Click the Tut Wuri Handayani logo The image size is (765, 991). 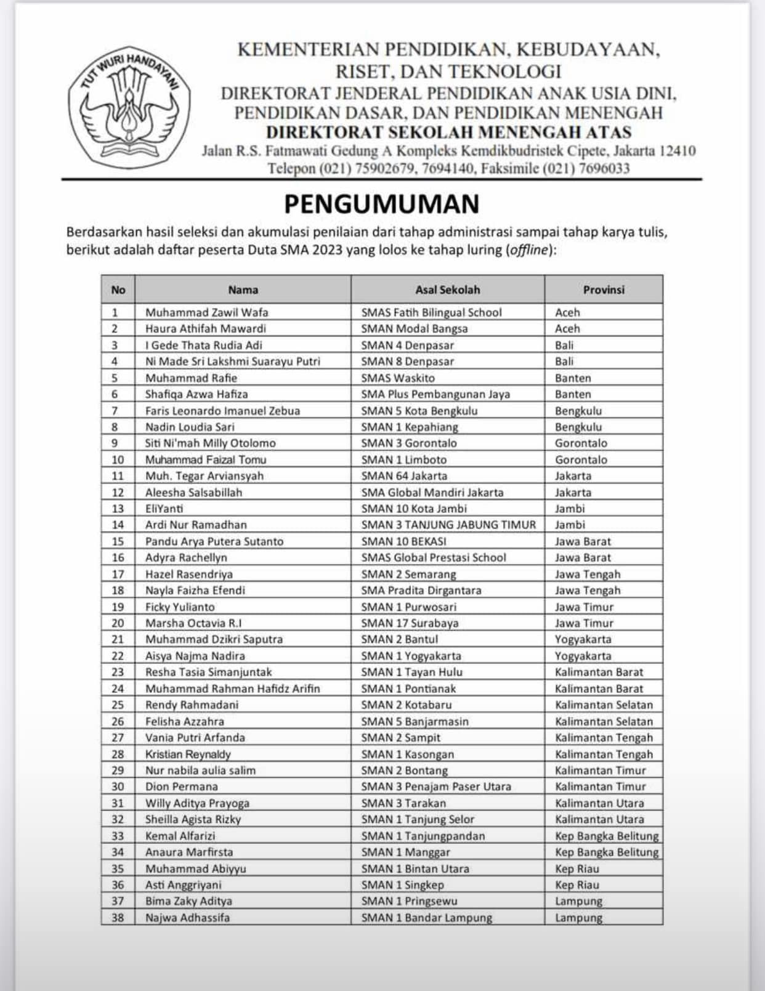pyautogui.click(x=129, y=107)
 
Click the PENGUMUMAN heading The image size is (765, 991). pyautogui.click(x=381, y=204)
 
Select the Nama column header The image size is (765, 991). pyautogui.click(x=243, y=289)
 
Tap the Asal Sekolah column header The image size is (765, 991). pyautogui.click(x=447, y=289)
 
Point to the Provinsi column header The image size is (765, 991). pyautogui.click(x=604, y=289)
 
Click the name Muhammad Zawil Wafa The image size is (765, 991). pyautogui.click(x=206, y=312)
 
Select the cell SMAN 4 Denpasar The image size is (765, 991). pyautogui.click(x=407, y=345)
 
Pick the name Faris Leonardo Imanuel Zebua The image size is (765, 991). pyautogui.click(x=222, y=411)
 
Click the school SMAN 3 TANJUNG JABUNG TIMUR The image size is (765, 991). pyautogui.click(x=448, y=525)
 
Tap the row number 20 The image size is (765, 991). pyautogui.click(x=118, y=623)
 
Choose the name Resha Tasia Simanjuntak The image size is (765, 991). pyautogui.click(x=208, y=672)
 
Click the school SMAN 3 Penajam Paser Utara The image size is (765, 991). pyautogui.click(x=436, y=787)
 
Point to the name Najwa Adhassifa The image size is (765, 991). pyautogui.click(x=187, y=917)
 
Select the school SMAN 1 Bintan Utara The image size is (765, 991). pyautogui.click(x=415, y=868)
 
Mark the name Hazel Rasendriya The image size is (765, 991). pyautogui.click(x=189, y=574)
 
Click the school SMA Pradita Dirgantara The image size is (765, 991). pyautogui.click(x=421, y=590)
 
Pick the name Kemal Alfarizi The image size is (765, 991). pyautogui.click(x=180, y=836)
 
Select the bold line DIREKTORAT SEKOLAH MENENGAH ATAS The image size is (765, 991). pyautogui.click(x=448, y=132)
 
